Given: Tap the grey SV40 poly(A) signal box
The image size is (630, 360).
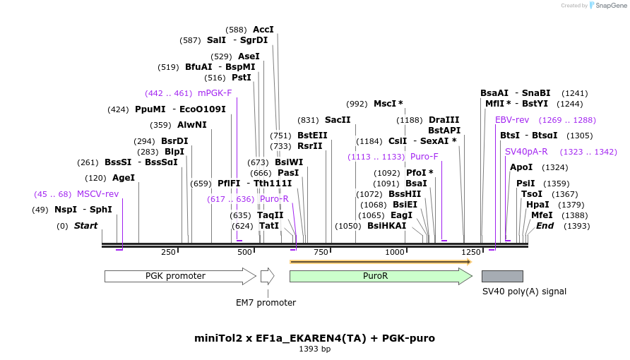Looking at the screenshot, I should coord(502,276).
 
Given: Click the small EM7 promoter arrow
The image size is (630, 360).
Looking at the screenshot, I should coord(267,276).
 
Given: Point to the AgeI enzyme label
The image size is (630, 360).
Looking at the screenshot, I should coord(124,178).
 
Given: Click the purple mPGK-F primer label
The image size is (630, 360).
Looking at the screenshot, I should coord(215,93).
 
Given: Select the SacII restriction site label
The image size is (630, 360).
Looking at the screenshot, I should coord(338,120).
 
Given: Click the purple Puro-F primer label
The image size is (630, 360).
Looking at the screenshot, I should coord(424,157).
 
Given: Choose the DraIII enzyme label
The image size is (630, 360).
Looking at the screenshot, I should coord(444,120).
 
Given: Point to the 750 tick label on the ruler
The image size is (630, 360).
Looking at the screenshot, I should coord(321,252).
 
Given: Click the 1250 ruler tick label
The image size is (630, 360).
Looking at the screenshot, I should coord(471,252).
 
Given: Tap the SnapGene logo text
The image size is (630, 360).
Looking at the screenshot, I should coord(610,6).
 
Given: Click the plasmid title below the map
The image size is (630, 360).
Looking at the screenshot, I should coord(314,338).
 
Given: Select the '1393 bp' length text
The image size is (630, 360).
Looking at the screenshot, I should coord(314,349).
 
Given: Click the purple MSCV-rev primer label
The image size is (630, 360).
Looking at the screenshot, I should coord(97,194).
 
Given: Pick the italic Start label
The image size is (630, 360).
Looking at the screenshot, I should coord(85,226).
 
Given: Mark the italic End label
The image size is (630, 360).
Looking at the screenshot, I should coord(545,226).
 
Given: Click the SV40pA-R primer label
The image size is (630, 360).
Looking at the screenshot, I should coord(526,152).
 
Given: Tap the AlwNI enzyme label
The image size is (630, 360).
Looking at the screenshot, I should coord(192,125).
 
